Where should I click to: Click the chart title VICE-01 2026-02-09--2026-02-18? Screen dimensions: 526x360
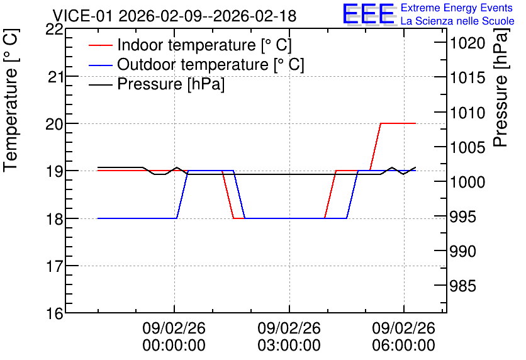click(174, 16)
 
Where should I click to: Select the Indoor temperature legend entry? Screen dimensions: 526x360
click(190, 45)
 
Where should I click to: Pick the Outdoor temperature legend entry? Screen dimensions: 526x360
click(196, 64)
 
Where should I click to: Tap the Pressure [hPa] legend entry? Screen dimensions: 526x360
click(157, 84)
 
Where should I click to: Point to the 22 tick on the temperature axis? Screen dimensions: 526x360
click(54, 29)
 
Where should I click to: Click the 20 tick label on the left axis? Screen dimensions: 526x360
click(54, 124)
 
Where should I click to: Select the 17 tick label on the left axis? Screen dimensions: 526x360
click(54, 267)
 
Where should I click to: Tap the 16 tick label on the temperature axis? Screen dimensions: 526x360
click(54, 314)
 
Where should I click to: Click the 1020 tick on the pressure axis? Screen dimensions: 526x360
click(467, 43)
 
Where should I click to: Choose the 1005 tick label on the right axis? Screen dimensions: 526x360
click(467, 147)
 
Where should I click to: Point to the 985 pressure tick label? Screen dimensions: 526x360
click(463, 286)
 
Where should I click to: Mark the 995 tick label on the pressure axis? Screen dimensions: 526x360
click(463, 217)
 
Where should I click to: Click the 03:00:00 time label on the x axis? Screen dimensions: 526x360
click(289, 346)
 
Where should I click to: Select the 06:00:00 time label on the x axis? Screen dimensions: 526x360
click(404, 346)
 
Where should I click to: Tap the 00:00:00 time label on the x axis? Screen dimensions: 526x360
click(174, 346)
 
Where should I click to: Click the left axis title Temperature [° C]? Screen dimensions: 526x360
click(11, 101)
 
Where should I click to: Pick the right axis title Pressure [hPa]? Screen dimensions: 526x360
click(501, 87)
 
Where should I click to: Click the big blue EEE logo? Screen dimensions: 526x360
click(369, 14)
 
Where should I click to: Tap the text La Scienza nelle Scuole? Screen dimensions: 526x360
click(457, 21)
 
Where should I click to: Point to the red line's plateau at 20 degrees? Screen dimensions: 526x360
click(398, 123)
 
